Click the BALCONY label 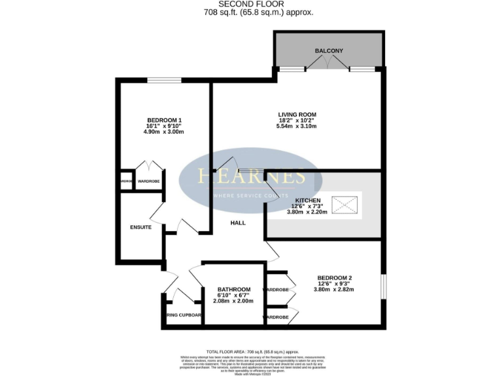pos(329,51)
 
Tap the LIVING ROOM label pos(296,114)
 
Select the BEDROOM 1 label pos(164,119)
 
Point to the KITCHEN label pos(307,200)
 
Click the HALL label pos(238,223)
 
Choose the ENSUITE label pos(141,227)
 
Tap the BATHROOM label pos(233,289)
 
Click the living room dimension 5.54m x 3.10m pos(296,126)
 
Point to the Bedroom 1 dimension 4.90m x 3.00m pos(164,132)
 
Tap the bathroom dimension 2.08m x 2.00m pos(233,301)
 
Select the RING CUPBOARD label pos(183,315)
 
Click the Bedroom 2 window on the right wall pos(383,285)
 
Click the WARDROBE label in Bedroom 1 pos(148,181)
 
